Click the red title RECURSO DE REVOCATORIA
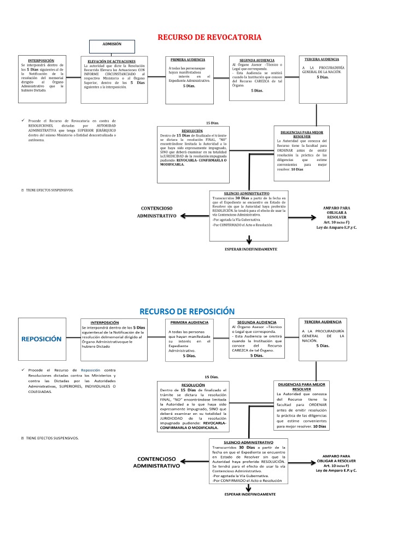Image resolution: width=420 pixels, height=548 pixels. [209, 37]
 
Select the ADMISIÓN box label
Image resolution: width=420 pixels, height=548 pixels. [112, 44]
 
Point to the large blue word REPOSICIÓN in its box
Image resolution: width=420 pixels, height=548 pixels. [42, 338]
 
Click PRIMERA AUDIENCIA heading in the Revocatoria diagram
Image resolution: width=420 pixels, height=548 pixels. [188, 59]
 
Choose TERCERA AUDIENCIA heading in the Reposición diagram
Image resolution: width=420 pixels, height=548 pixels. [323, 322]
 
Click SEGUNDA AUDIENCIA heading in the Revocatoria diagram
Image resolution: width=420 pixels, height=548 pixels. [253, 61]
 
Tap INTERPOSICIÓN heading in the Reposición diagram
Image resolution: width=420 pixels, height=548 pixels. [112, 323]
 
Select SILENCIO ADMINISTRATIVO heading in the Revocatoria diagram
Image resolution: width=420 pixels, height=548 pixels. [247, 194]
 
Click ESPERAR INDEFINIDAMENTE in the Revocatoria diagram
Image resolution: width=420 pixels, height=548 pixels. [251, 249]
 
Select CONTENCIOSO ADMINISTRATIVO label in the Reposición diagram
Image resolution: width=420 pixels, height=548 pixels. [156, 462]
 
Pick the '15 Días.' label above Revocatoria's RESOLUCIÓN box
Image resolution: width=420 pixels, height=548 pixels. [212, 123]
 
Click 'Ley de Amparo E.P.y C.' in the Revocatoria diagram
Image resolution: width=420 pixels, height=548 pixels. [337, 227]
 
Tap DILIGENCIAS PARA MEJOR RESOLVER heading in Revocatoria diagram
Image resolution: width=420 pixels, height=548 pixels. [302, 134]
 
